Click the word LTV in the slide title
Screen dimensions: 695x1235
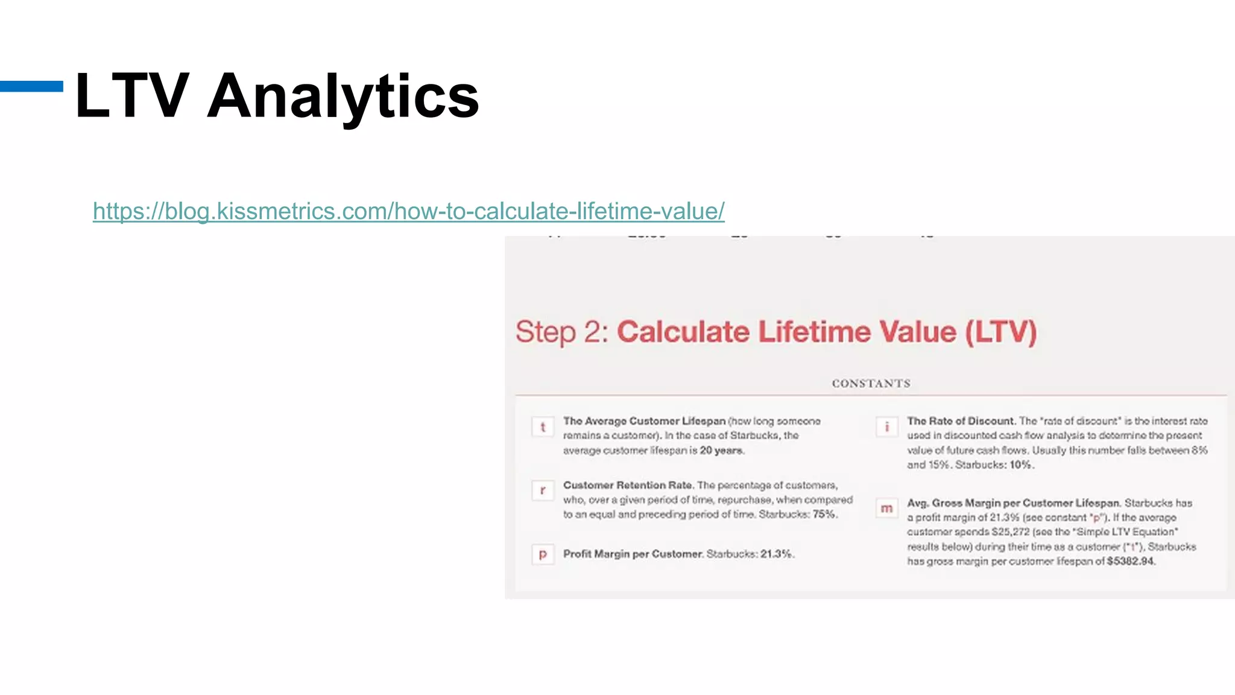[132, 95]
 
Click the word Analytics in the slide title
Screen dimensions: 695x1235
[343, 97]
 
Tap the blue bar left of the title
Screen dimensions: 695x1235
[31, 86]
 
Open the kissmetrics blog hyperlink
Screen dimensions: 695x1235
[408, 211]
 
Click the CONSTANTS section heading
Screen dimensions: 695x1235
[871, 383]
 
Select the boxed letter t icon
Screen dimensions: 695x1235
[543, 427]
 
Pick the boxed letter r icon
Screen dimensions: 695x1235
[543, 490]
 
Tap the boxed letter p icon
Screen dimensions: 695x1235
[543, 554]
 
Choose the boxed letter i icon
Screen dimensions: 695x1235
[886, 427]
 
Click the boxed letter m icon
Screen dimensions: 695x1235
[886, 509]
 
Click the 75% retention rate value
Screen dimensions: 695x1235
[824, 514]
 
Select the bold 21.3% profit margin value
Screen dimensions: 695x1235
[776, 554]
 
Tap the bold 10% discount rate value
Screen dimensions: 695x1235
[1021, 465]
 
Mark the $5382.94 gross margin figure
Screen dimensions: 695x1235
[1130, 561]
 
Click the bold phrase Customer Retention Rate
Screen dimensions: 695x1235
[627, 485]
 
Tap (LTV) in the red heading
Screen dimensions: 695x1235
[1000, 332]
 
